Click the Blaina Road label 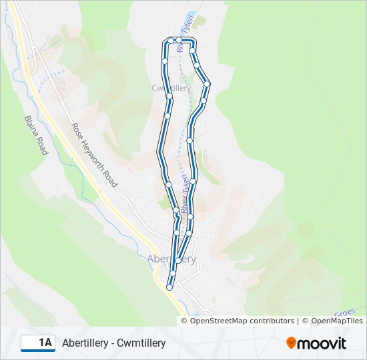[37, 136]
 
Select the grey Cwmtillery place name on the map [171, 87]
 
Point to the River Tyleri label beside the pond [188, 27]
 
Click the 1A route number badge [38, 343]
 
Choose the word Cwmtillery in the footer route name [141, 343]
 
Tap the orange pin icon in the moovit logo [292, 343]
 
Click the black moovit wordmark [322, 343]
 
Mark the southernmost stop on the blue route [169, 287]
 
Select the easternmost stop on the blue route [208, 84]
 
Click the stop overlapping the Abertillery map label [177, 261]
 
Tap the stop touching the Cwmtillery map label [170, 97]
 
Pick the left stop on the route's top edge [170, 41]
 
